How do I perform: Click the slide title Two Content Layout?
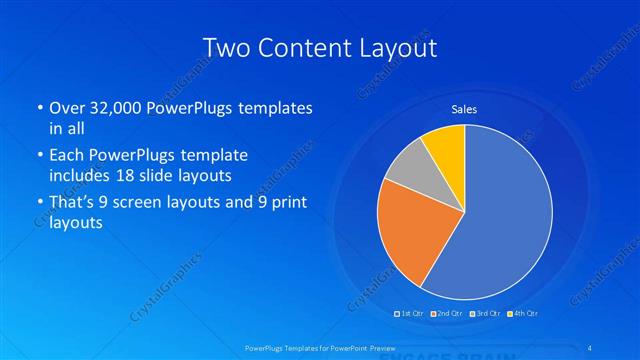pos(319,47)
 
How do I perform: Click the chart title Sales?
pos(464,108)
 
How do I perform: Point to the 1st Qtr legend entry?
pos(411,314)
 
